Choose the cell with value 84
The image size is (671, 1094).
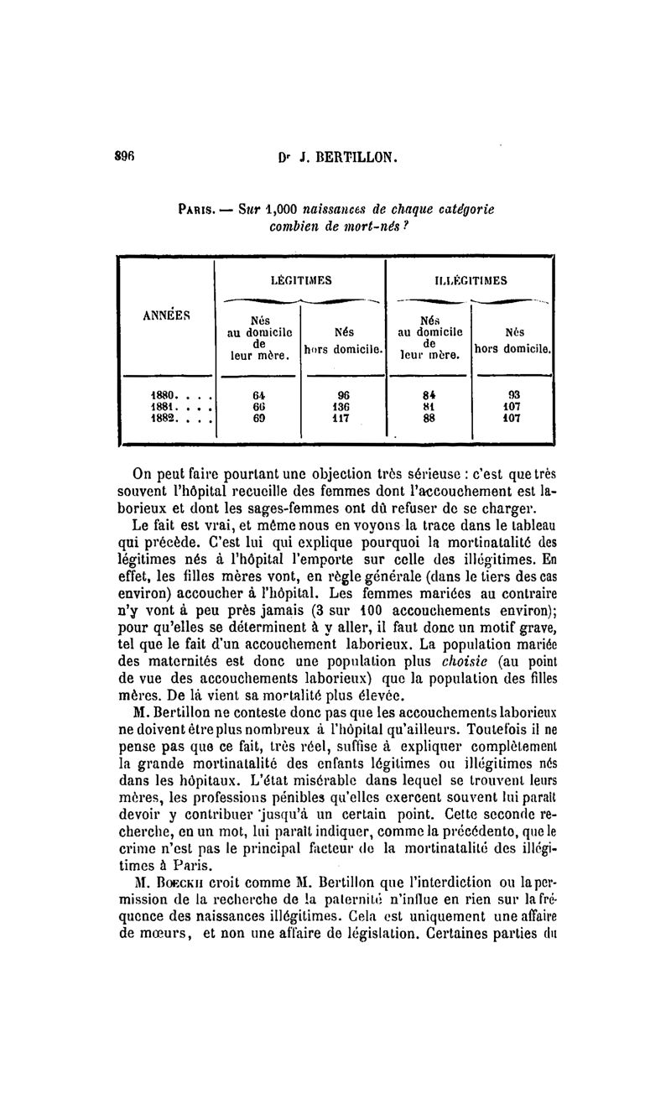tap(429, 393)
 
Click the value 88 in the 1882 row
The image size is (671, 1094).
tap(429, 415)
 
